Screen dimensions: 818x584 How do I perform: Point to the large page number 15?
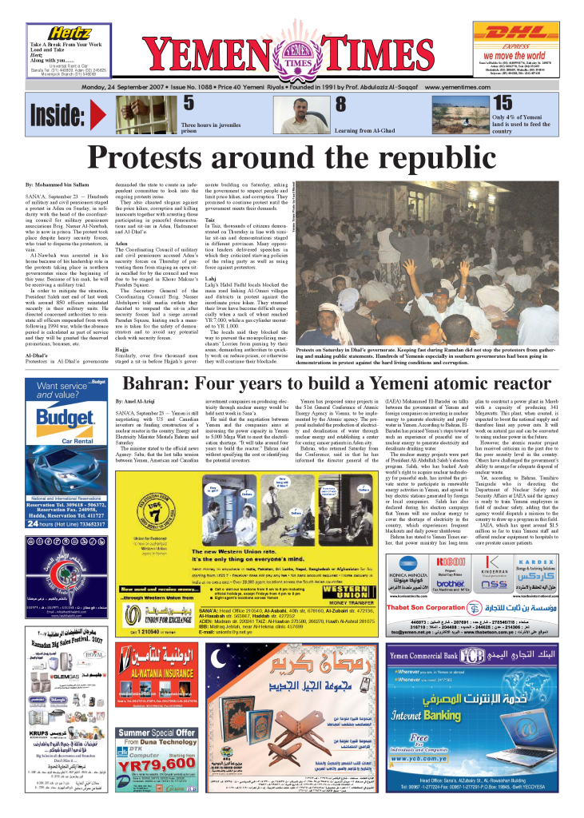pyautogui.click(x=502, y=103)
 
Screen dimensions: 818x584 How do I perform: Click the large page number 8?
pyautogui.click(x=340, y=104)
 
